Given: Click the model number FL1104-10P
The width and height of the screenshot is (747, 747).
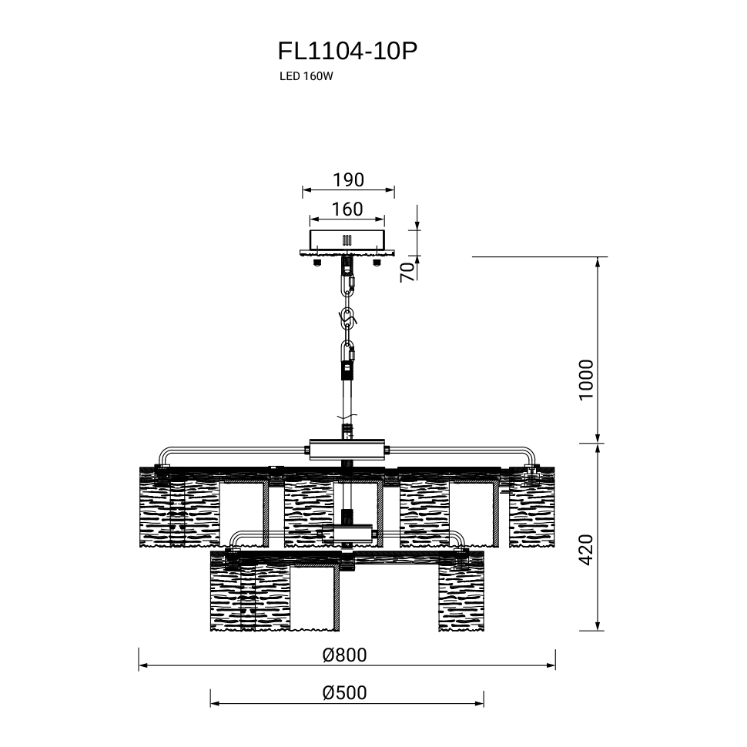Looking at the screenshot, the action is click(347, 52).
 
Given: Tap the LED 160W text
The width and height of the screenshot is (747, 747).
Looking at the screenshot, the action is click(306, 76).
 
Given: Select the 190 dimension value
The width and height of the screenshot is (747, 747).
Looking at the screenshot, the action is click(348, 180).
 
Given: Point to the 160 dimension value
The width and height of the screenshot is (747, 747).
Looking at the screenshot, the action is click(347, 209).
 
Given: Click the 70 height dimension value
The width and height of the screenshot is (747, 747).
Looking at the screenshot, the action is click(408, 272).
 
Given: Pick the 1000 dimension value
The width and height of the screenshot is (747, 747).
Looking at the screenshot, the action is click(587, 380).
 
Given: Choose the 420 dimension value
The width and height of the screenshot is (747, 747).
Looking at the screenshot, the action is click(587, 551).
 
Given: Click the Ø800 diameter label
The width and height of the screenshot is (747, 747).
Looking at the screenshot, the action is click(344, 655).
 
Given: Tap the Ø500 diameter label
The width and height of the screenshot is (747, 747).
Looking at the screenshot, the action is click(344, 692).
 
